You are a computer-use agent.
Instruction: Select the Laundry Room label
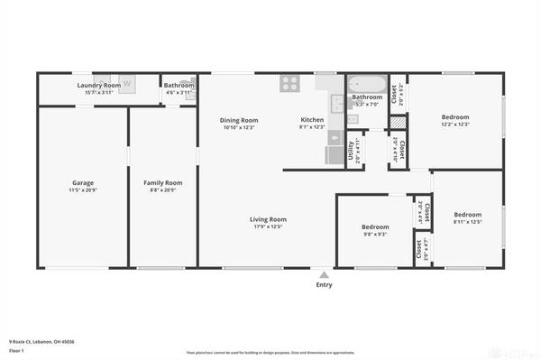coord(98,85)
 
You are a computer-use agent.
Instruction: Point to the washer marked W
coord(127,84)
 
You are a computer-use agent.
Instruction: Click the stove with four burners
coord(290,84)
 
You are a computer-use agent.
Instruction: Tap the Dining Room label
coord(239,120)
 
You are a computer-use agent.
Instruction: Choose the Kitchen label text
coord(312,120)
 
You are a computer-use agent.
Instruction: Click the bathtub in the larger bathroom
coord(365,86)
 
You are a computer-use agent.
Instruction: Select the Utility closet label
coord(351,147)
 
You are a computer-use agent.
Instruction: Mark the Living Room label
coord(268,218)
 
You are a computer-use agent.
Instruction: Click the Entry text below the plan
coord(323,285)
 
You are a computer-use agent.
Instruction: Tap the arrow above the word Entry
coord(323,274)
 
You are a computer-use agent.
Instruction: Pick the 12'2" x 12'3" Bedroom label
coord(456,116)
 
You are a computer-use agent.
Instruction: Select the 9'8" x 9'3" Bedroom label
coord(375,226)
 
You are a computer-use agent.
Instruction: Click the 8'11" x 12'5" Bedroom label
coord(469,215)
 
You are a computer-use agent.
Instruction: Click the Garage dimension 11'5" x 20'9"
coord(82,190)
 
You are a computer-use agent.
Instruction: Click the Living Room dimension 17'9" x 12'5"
coord(268,226)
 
